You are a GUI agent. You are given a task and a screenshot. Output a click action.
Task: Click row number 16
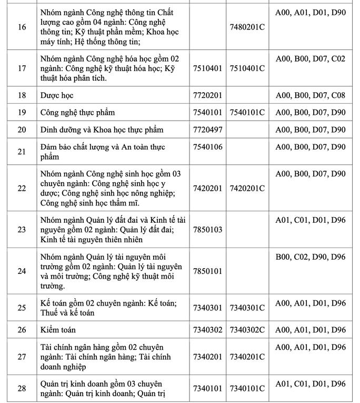pyautogui.click(x=22, y=26)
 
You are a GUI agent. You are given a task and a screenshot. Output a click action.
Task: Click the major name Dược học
pyautogui.click(x=57, y=95)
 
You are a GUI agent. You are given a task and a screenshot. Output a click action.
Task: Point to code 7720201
pyautogui.click(x=208, y=95)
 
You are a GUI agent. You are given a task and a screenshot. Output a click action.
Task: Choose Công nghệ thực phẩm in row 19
pyautogui.click(x=77, y=112)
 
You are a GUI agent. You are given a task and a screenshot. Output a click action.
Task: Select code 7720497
pyautogui.click(x=208, y=130)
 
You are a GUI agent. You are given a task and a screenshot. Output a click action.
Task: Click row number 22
pyautogui.click(x=22, y=189)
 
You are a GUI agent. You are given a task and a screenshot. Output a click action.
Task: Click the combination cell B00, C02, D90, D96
pyautogui.click(x=311, y=257)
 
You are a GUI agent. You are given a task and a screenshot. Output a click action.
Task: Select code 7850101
pyautogui.click(x=208, y=271)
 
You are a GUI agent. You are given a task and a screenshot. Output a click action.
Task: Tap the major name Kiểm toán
pyautogui.click(x=58, y=330)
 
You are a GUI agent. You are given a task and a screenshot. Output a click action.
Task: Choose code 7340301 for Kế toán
pyautogui.click(x=208, y=308)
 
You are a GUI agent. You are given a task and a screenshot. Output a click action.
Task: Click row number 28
pyautogui.click(x=22, y=389)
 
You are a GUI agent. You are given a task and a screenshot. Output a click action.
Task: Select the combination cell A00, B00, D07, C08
pyautogui.click(x=311, y=95)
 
